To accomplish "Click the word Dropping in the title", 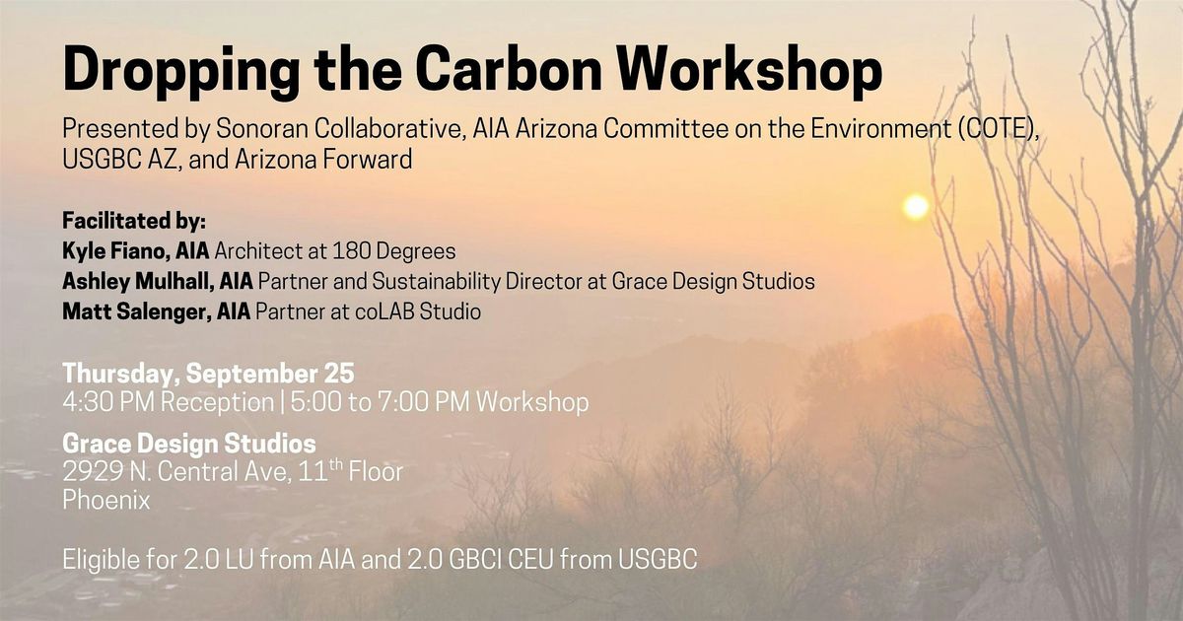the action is click(x=181, y=71).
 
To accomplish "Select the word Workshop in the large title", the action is click(x=749, y=71).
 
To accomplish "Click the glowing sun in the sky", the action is click(x=915, y=206).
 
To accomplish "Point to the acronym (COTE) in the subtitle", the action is click(x=999, y=129).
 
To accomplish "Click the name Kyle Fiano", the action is click(x=116, y=251).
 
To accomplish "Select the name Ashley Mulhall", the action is click(x=138, y=282).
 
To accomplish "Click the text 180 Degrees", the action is click(x=394, y=251).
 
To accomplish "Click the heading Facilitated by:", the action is click(x=134, y=221).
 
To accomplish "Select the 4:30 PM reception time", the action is click(x=108, y=402).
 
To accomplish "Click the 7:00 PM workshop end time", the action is click(x=424, y=402).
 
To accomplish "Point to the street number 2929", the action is click(x=93, y=471).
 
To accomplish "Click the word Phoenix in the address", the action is click(x=106, y=500).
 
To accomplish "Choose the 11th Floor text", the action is click(x=350, y=470).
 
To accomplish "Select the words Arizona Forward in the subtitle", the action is click(x=323, y=160).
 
